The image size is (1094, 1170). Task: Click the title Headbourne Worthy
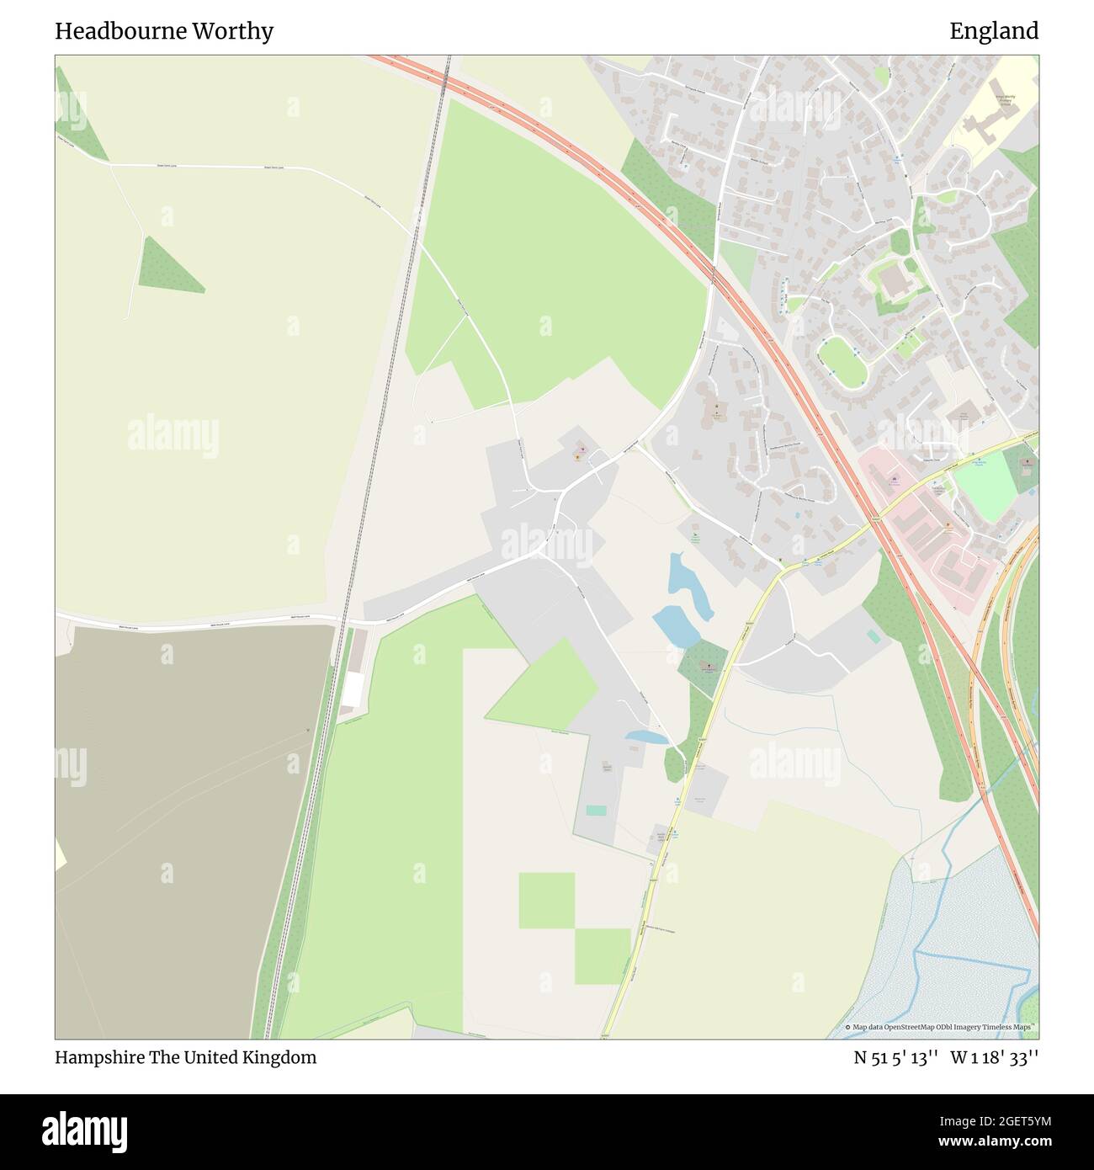click(164, 31)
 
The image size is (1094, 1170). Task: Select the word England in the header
click(994, 31)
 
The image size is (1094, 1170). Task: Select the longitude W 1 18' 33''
click(995, 1057)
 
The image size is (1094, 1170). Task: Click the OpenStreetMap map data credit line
click(942, 1027)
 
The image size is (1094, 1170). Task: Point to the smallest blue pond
click(646, 737)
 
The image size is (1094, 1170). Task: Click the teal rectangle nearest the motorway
click(873, 636)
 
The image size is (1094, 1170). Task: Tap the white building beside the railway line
click(353, 690)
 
